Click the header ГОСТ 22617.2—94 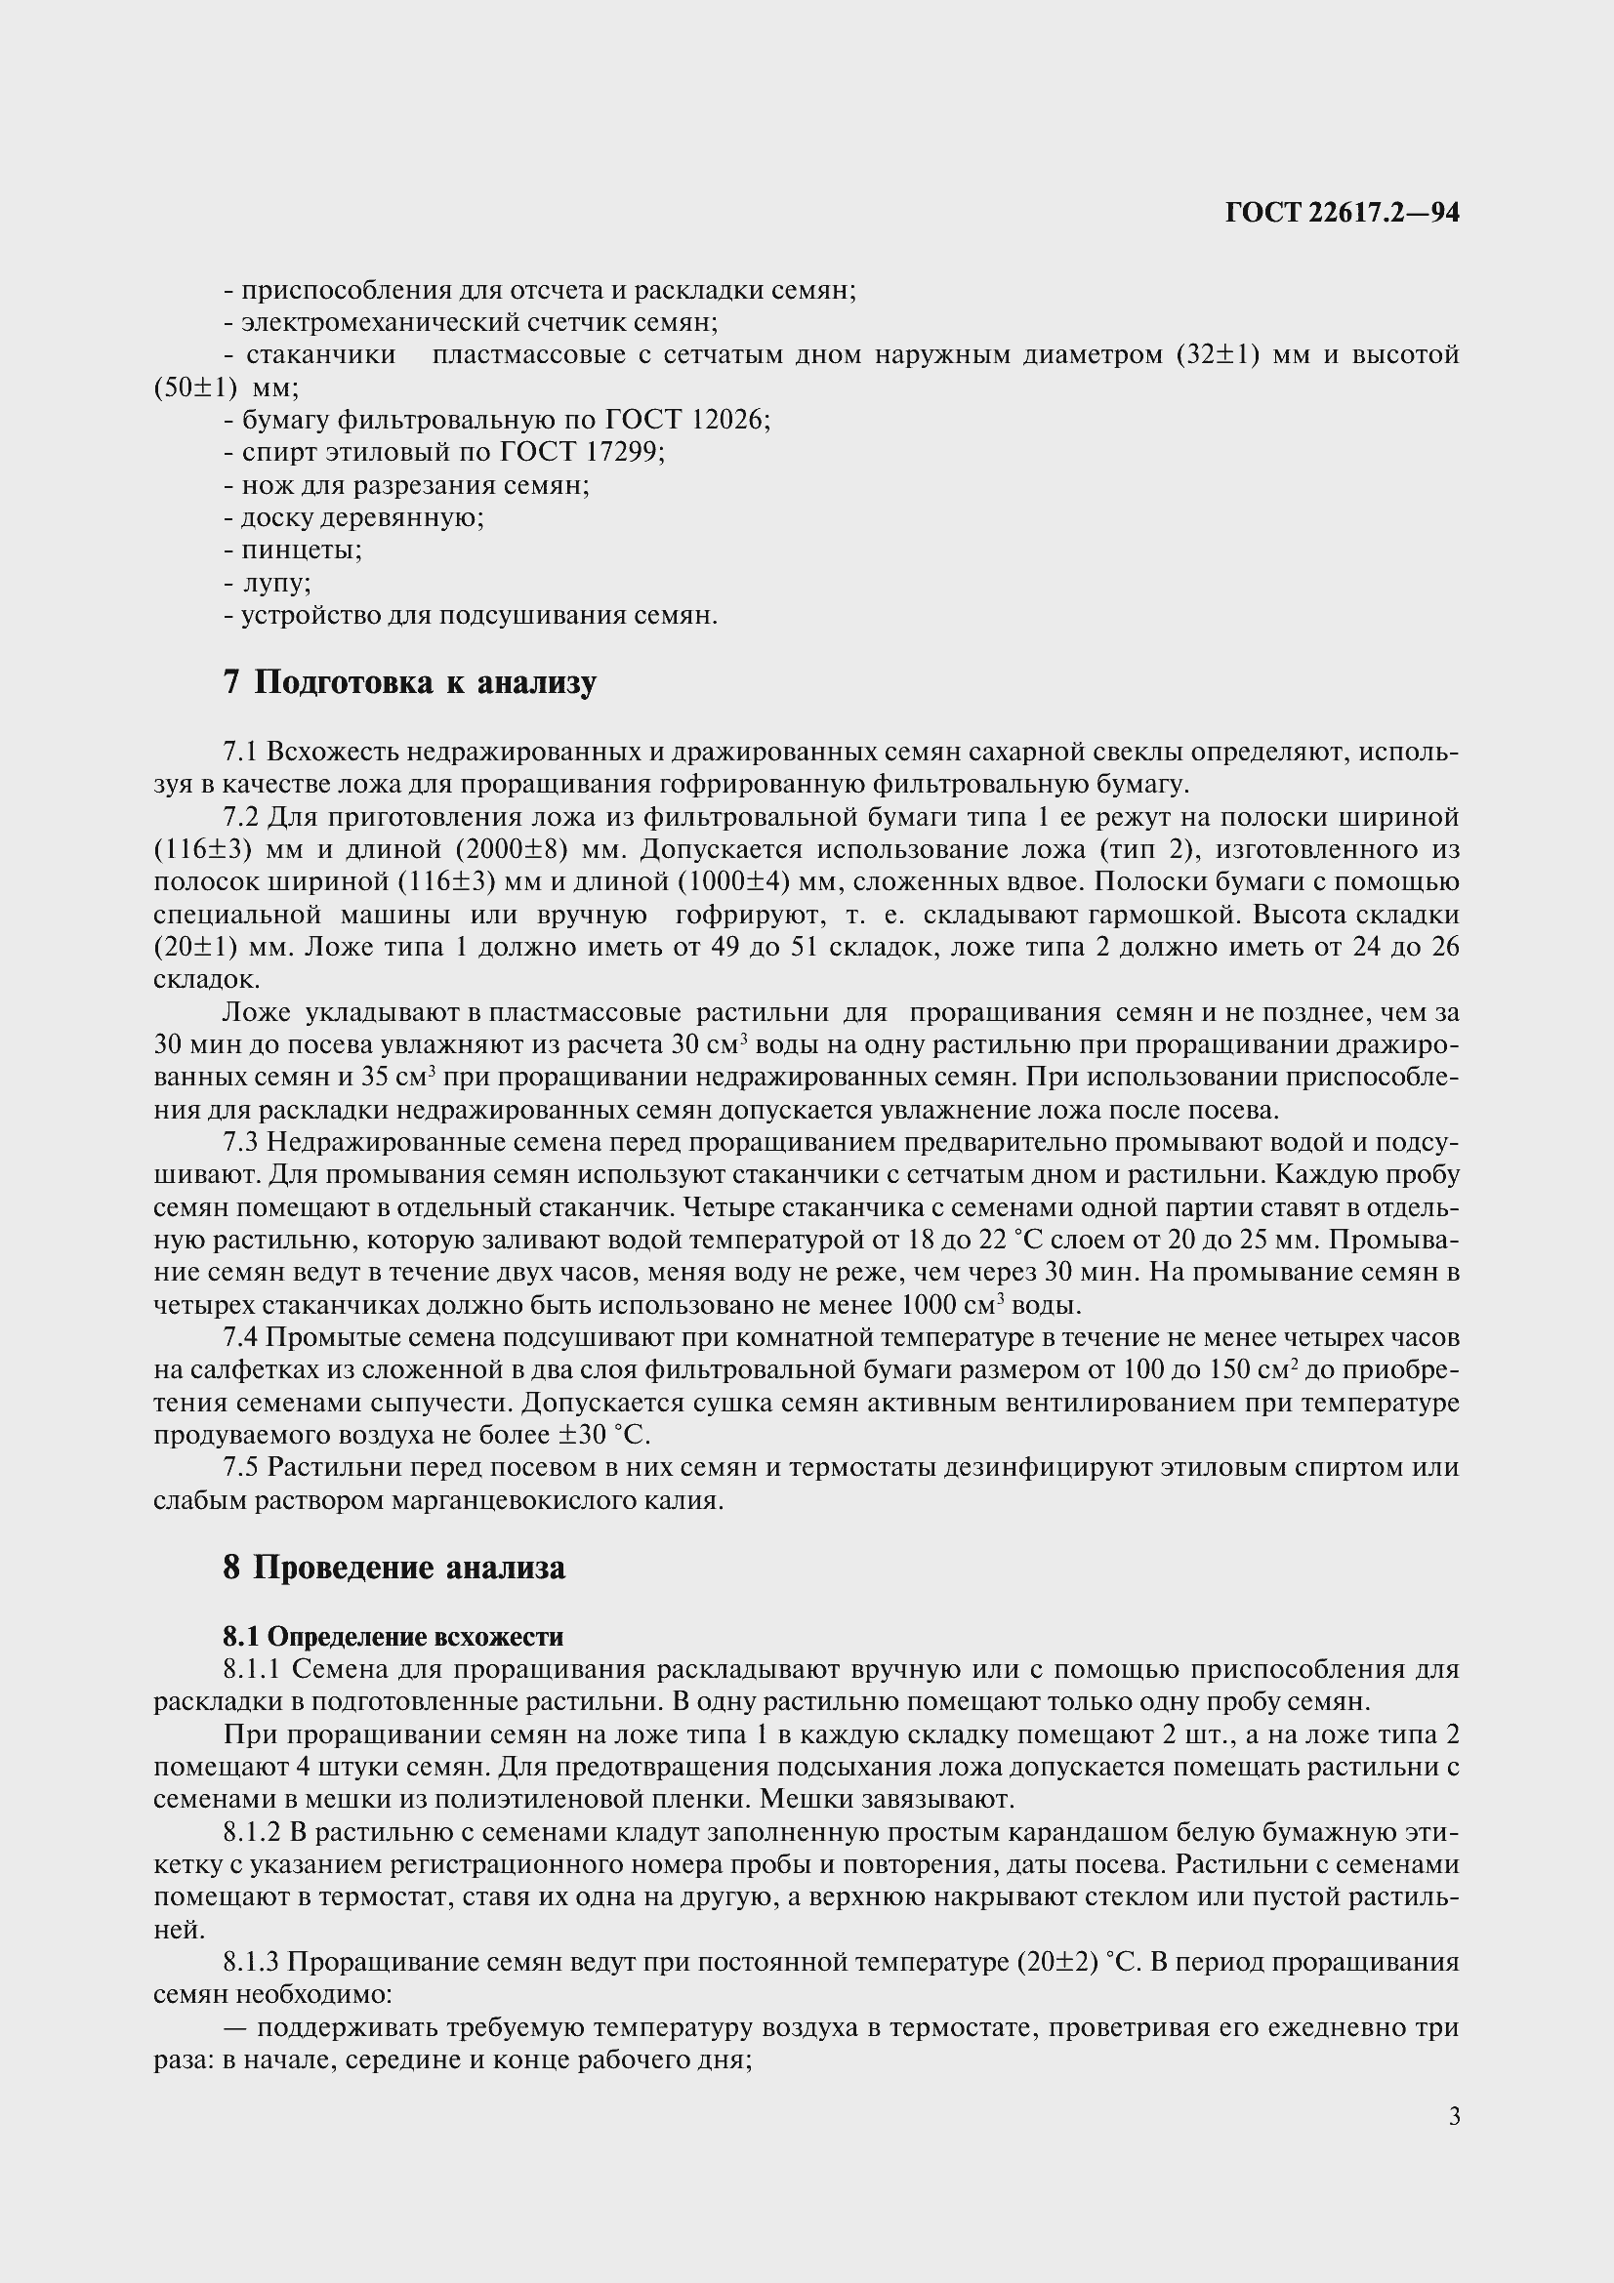pyautogui.click(x=1342, y=213)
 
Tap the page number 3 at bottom pyautogui.click(x=1454, y=2116)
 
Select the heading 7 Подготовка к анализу pyautogui.click(x=410, y=683)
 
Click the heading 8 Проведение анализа pyautogui.click(x=393, y=1569)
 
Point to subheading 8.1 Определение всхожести pyautogui.click(x=393, y=1637)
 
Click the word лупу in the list pyautogui.click(x=275, y=583)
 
